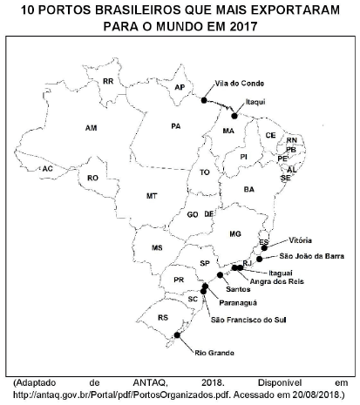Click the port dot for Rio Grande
178,334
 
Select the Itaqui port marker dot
234,115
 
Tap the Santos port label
238,288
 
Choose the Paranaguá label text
236,302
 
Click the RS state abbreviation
162,318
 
